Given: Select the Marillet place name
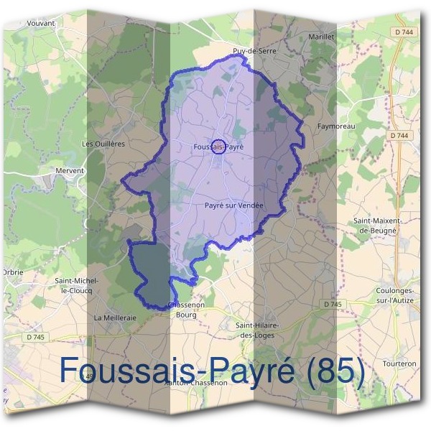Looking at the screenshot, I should tap(320, 35).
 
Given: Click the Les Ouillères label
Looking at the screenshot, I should tap(103, 143).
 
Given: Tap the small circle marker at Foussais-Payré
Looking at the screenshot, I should tap(219, 146).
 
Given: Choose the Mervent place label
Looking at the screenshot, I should tap(70, 170).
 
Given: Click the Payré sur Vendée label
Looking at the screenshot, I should tap(234, 205).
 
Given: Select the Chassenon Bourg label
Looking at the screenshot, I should tap(182, 310).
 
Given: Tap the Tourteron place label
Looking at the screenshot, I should tap(400, 363).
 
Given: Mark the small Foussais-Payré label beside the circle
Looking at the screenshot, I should tap(219, 146).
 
